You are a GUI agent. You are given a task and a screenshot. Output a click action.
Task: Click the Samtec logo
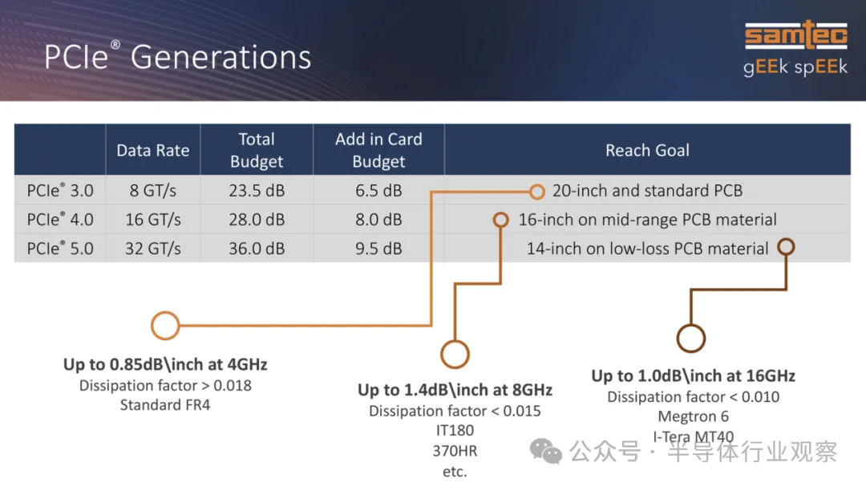point(796,34)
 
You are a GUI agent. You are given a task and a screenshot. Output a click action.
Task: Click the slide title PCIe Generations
point(177,56)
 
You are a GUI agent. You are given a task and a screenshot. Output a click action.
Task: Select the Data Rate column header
point(153,150)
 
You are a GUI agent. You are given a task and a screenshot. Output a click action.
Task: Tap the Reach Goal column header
point(647,150)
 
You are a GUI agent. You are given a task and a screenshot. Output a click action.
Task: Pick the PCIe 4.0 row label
point(60,220)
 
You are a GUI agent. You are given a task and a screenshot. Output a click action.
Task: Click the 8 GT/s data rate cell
point(153,191)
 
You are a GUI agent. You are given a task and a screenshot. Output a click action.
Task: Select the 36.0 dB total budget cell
point(257,249)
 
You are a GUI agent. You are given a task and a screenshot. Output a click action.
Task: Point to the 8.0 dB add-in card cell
point(378,220)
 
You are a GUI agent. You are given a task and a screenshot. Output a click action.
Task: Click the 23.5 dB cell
point(257,191)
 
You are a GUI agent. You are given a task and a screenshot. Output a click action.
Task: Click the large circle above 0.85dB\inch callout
point(165,312)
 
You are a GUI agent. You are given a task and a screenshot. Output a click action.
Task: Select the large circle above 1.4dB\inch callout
point(455,341)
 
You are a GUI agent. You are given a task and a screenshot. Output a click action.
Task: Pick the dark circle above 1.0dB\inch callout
point(691,324)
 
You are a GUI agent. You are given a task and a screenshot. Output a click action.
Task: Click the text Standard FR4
point(165,405)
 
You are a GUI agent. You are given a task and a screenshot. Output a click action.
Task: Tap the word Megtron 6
point(693,416)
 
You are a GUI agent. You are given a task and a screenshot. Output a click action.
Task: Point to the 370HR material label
point(455,451)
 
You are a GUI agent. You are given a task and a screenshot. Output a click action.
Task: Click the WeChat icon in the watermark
point(546,451)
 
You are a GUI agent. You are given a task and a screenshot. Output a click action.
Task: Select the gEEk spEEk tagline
point(795,67)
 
